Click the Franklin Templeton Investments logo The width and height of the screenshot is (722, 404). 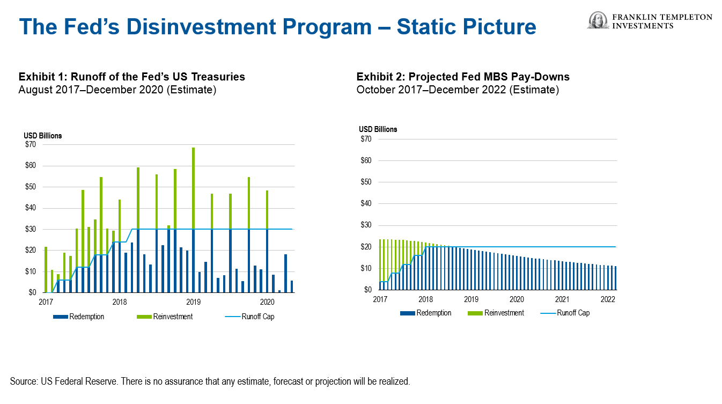(x=650, y=20)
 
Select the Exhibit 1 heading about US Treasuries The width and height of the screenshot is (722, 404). (x=131, y=77)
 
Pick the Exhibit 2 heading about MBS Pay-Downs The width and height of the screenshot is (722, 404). (x=463, y=77)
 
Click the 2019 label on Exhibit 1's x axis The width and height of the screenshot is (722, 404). (x=193, y=302)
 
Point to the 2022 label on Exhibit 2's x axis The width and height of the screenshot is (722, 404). (x=608, y=299)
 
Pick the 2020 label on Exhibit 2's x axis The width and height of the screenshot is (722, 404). (x=517, y=299)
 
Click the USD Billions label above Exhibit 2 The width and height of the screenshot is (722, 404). (x=378, y=129)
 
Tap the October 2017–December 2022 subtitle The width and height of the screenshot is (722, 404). (x=458, y=90)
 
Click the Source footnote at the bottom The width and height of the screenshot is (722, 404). (x=210, y=382)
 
